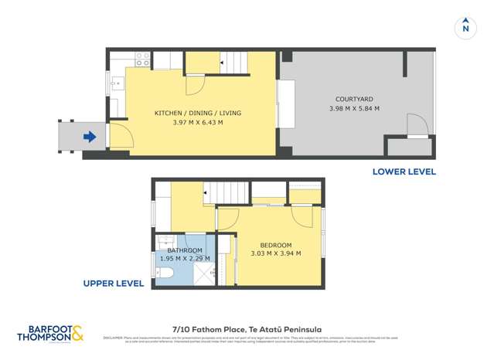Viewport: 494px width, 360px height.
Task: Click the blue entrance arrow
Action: pos(90,138)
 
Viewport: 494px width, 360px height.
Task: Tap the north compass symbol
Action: pos(465,26)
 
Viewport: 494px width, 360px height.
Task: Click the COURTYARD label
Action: pos(355,100)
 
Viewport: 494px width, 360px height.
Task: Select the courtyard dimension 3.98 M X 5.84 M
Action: pos(355,110)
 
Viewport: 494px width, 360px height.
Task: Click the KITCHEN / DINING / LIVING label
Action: pos(197,113)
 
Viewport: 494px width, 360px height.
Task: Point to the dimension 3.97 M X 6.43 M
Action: pos(197,122)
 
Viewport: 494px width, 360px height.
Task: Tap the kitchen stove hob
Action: pos(143,57)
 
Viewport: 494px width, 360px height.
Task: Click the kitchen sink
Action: pos(115,83)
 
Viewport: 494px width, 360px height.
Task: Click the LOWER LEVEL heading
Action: pos(404,172)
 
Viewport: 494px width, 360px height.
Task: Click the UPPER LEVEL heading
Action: pos(114,284)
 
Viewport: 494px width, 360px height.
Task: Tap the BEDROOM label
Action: pos(276,245)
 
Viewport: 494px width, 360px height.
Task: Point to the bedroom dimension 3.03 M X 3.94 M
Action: pos(276,253)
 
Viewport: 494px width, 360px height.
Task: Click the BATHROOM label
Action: pos(185,251)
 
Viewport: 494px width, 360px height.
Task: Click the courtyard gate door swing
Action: pos(417,124)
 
